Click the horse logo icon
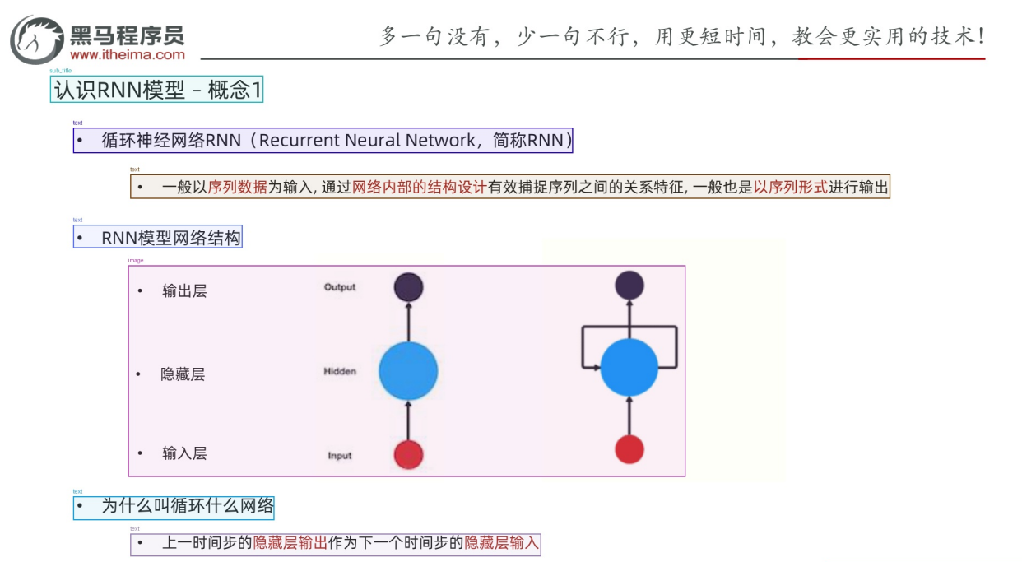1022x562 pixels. coord(37,39)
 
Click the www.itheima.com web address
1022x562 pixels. coord(128,55)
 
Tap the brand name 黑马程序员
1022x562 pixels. coord(128,35)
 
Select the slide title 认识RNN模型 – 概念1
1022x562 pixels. coord(156,90)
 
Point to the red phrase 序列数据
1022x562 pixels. coord(238,188)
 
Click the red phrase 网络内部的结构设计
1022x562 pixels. coord(420,188)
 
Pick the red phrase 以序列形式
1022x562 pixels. coord(791,188)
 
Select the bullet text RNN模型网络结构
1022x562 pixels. coord(171,238)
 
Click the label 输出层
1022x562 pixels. coord(184,291)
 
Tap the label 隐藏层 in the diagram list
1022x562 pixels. coord(183,374)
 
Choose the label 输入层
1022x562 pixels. coord(184,453)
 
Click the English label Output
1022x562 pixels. coord(340,287)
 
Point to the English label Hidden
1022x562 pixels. coord(340,372)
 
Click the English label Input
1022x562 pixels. coord(340,456)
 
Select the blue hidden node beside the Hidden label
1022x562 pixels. coord(408,371)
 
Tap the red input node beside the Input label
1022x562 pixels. coord(408,455)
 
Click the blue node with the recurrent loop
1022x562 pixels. coord(629,367)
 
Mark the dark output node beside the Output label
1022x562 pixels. coord(408,287)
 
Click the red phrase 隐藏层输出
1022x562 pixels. coord(290,544)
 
